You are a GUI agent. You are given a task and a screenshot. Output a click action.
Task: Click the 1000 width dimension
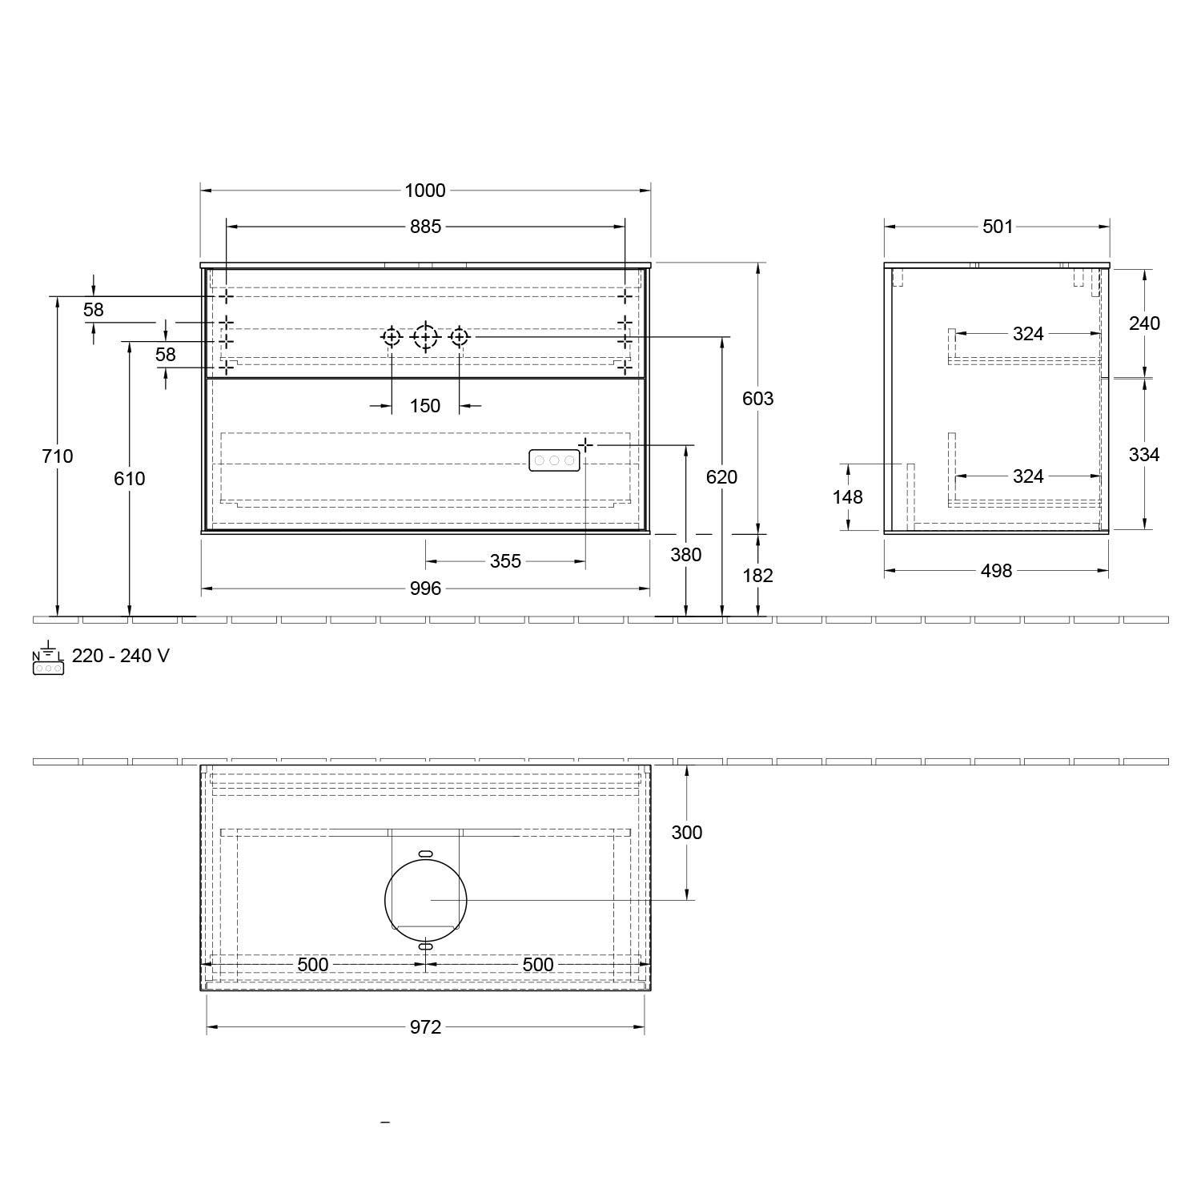tap(424, 191)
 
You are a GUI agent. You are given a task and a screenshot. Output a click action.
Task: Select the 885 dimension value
tap(425, 227)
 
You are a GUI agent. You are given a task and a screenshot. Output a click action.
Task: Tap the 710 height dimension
tap(58, 456)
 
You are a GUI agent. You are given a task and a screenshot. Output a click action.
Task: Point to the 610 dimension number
tap(130, 479)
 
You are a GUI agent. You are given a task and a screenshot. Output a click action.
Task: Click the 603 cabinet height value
tap(757, 399)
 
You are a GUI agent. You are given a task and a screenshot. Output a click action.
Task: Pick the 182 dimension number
tap(757, 576)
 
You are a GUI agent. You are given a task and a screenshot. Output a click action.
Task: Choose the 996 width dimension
tap(425, 588)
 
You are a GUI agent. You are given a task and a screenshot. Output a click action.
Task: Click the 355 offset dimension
tap(505, 561)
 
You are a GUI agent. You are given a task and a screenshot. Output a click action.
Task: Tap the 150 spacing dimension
tap(425, 406)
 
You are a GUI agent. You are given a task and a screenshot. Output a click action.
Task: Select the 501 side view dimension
tap(998, 227)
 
